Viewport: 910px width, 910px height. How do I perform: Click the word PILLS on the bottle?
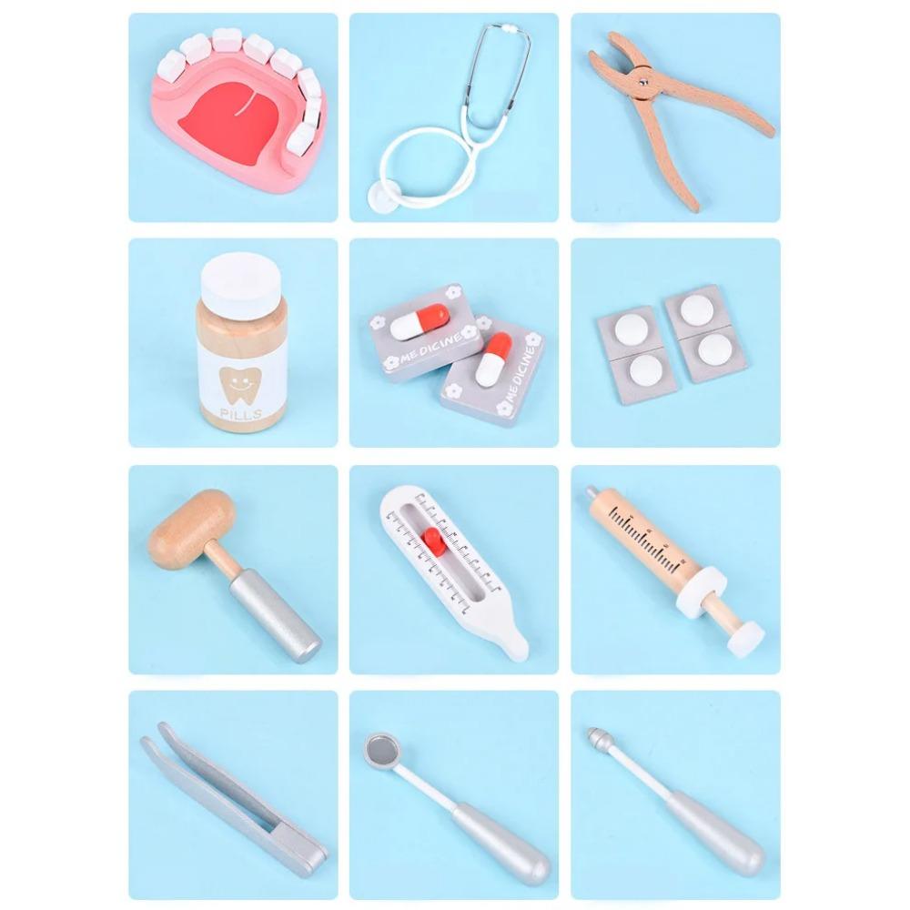pyautogui.click(x=240, y=416)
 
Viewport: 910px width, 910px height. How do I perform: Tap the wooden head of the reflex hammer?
pyautogui.click(x=192, y=529)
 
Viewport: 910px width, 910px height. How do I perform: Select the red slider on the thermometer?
pyautogui.click(x=433, y=542)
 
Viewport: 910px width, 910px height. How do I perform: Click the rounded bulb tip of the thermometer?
pyautogui.click(x=515, y=645)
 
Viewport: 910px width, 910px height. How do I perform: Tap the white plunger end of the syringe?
pyautogui.click(x=745, y=638)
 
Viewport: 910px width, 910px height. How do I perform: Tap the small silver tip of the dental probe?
pyautogui.click(x=597, y=735)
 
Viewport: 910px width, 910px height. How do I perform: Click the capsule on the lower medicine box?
pyautogui.click(x=493, y=359)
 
